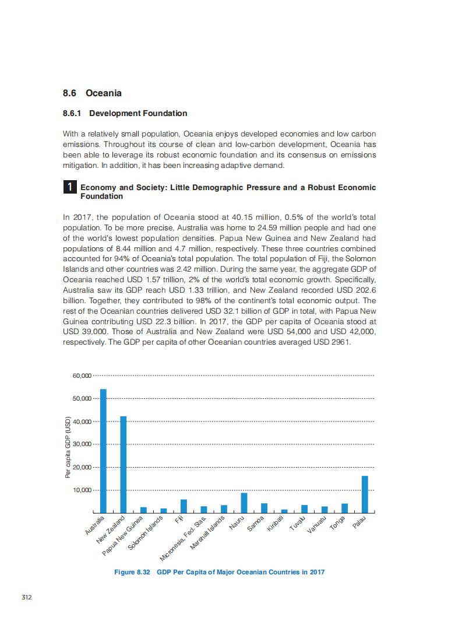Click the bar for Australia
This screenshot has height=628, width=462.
pyautogui.click(x=103, y=450)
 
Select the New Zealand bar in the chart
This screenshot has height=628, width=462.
pyautogui.click(x=124, y=464)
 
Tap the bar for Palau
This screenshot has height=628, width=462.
pyautogui.click(x=365, y=494)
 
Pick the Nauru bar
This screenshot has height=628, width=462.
pyautogui.click(x=244, y=503)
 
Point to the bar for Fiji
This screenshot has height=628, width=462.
pyautogui.click(x=184, y=506)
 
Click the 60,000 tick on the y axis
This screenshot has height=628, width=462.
pyautogui.click(x=82, y=376)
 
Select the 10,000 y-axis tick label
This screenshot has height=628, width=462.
pyautogui.click(x=82, y=490)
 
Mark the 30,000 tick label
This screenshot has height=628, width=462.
pyautogui.click(x=82, y=444)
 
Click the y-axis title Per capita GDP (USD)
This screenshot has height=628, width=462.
pyautogui.click(x=68, y=448)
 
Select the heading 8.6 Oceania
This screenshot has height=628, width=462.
pyautogui.click(x=92, y=93)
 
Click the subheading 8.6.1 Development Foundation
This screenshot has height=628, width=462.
pyautogui.click(x=125, y=113)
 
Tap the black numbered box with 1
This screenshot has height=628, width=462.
pyautogui.click(x=69, y=187)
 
